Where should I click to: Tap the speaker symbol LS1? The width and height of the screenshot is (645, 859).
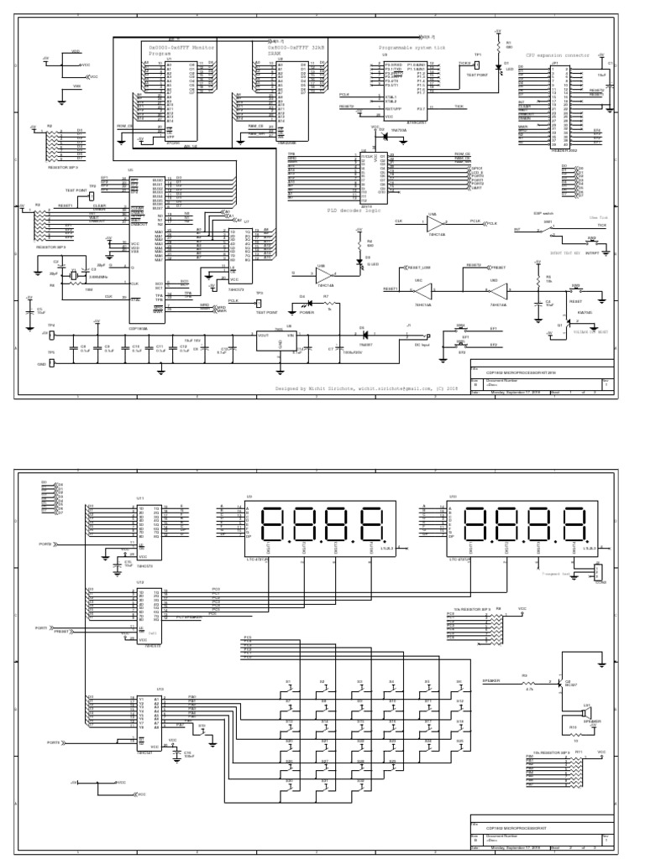(587, 715)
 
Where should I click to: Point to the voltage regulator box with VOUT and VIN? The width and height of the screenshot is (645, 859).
(281, 339)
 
